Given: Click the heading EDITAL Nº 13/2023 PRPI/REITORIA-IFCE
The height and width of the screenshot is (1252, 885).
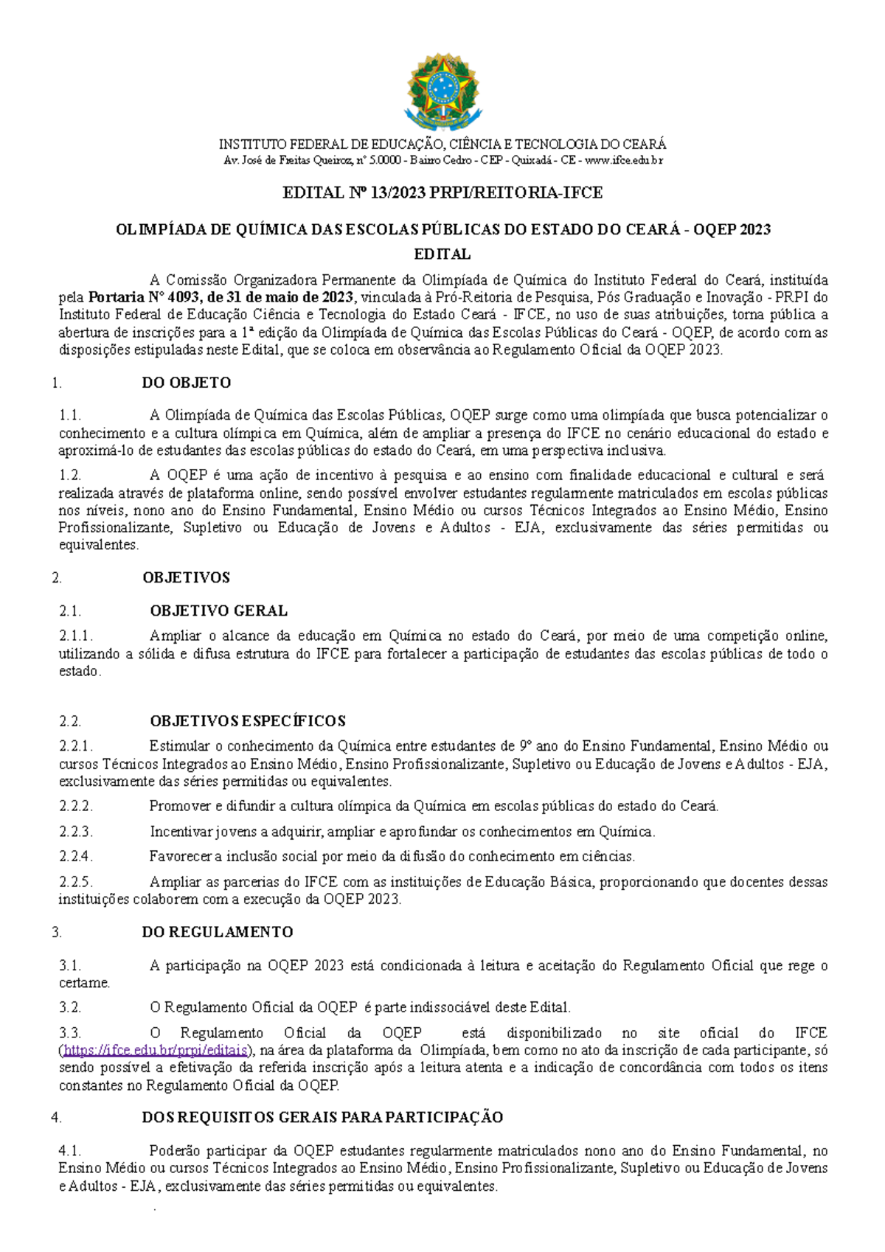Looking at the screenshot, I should click(x=442, y=193).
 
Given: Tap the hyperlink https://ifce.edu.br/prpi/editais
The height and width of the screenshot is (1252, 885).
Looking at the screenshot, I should click(x=156, y=1051).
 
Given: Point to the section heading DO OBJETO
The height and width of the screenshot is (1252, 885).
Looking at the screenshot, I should click(x=187, y=383).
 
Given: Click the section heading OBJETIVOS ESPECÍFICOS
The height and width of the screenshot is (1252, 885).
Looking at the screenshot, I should click(x=248, y=721).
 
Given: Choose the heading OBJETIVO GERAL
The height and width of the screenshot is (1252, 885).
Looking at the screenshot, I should click(x=218, y=611).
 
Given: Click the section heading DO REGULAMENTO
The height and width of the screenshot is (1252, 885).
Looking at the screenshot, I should click(x=218, y=932).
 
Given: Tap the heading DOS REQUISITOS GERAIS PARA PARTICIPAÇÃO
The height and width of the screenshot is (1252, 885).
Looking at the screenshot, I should click(x=322, y=1117).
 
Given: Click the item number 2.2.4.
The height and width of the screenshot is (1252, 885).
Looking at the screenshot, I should click(x=76, y=857).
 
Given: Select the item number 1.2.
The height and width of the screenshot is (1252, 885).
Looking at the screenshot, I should click(x=70, y=476).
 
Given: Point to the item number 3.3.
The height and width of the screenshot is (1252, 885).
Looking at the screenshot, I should click(x=70, y=1033).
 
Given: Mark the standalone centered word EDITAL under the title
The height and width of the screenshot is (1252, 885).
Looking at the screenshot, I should click(x=442, y=254).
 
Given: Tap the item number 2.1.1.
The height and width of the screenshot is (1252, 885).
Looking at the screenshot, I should click(x=76, y=636).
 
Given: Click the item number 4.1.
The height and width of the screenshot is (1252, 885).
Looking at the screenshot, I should click(x=70, y=1150).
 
